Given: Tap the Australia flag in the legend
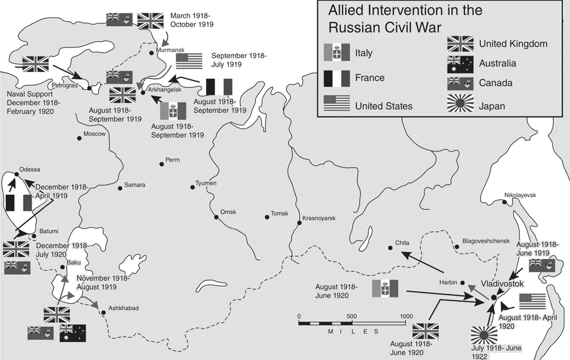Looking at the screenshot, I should tap(460, 63).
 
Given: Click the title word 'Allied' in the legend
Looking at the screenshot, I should tap(348, 10).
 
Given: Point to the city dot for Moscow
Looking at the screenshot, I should tap(79, 138).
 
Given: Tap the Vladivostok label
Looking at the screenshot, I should tap(503, 284).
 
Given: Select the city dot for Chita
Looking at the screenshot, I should tap(390, 248).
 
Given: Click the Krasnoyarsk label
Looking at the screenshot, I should tap(320, 218).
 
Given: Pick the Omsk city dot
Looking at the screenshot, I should tap(216, 217).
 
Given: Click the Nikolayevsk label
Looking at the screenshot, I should tap(520, 195).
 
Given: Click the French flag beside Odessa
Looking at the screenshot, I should tap(18, 203).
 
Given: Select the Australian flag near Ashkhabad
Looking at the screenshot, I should tap(72, 333).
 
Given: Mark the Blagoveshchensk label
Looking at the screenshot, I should tap(485, 241).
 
